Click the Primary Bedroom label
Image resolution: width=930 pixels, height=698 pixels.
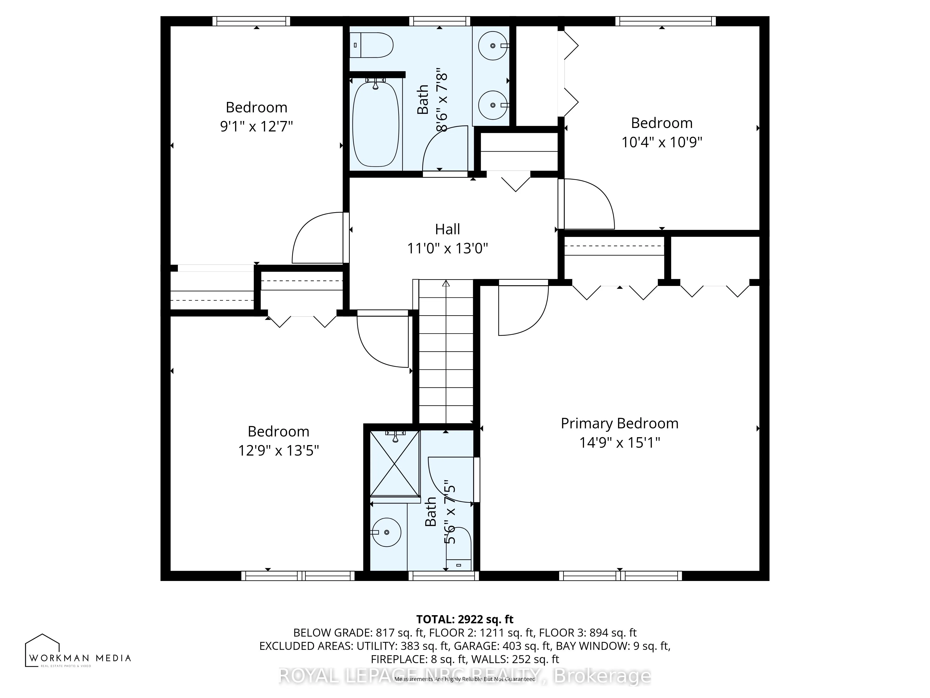(x=619, y=423)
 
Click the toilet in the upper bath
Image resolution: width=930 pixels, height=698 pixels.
(x=372, y=45)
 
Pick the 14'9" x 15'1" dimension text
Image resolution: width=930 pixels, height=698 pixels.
(x=619, y=443)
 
